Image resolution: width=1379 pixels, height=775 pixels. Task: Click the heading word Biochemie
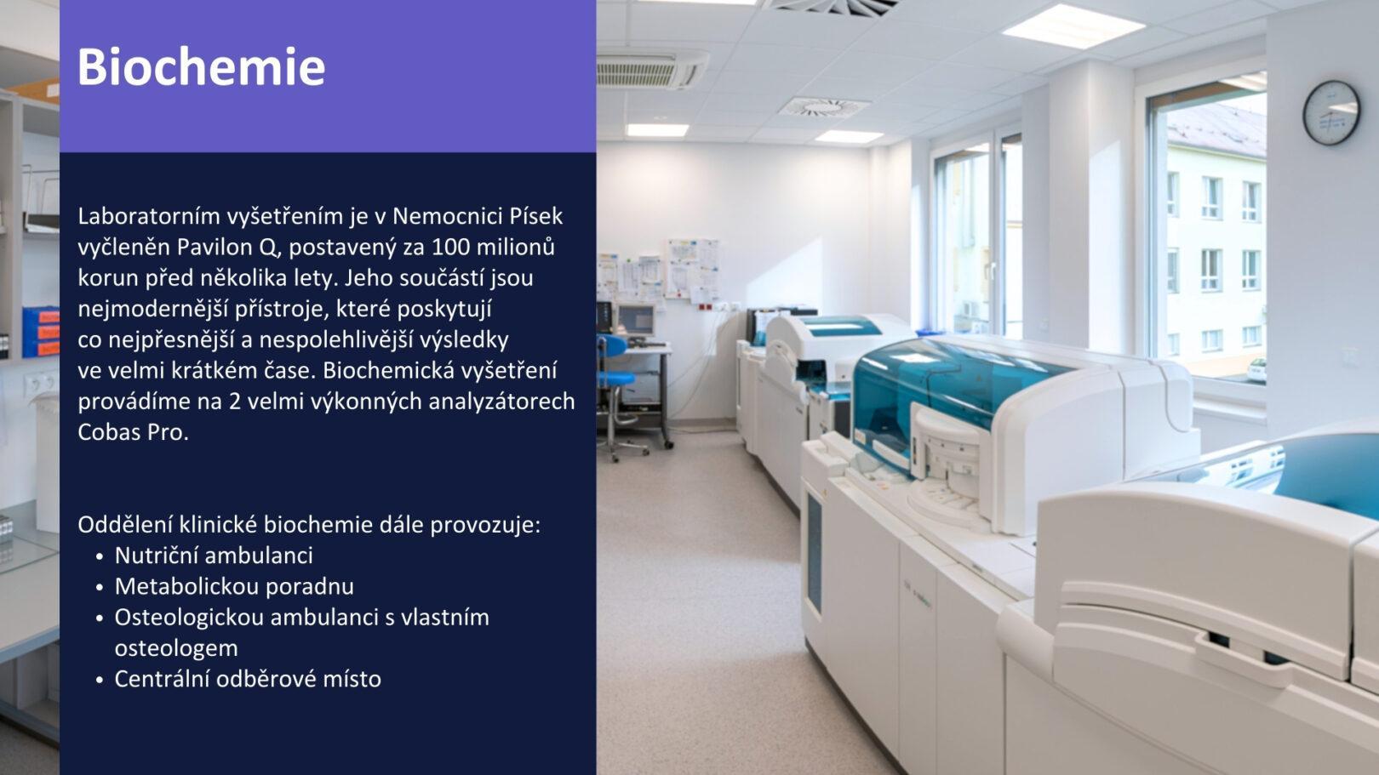201,66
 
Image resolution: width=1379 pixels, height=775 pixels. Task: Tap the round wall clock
1331,113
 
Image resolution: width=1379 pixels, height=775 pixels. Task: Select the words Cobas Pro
133,432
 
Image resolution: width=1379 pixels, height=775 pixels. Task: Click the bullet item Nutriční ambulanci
214,556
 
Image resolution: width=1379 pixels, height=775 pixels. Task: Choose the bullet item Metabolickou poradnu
234,586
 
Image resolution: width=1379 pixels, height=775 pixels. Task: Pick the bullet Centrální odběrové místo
248,679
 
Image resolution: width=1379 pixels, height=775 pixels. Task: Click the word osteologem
176,648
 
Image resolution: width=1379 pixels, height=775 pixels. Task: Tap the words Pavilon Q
229,248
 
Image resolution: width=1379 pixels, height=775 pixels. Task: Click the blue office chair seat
615,377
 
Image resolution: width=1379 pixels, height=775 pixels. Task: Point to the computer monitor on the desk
635,320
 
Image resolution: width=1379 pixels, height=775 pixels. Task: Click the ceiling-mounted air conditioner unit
651,69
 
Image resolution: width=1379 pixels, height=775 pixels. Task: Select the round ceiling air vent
823,107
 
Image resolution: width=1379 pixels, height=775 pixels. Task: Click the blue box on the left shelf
41,332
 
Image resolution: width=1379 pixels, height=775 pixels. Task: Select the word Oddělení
125,525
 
